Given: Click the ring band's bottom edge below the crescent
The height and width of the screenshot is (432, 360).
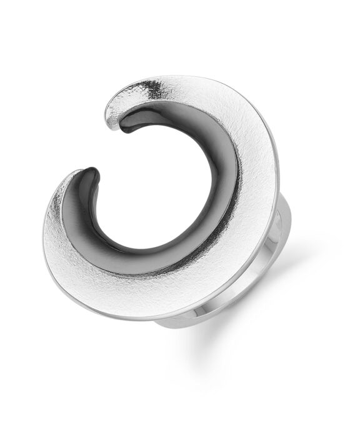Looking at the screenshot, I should pyautogui.click(x=187, y=325).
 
